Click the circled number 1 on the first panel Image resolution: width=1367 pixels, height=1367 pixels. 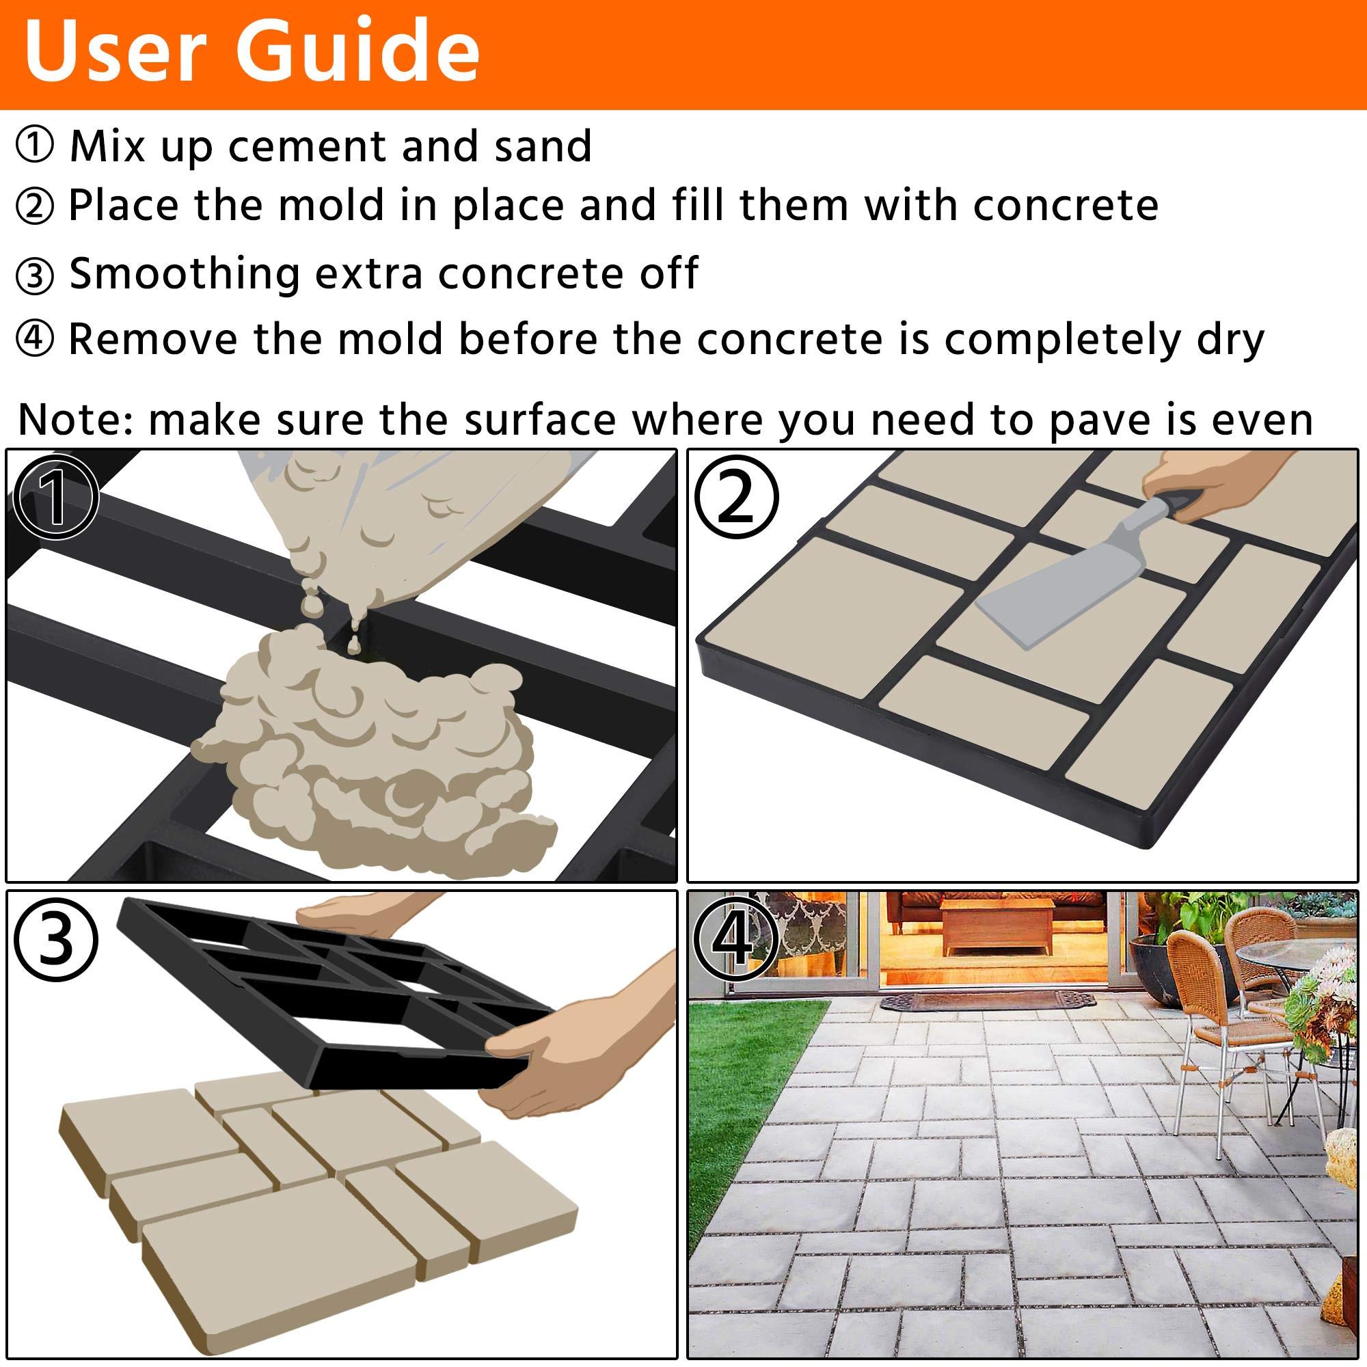(55, 498)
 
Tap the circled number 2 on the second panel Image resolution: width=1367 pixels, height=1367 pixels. (736, 498)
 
